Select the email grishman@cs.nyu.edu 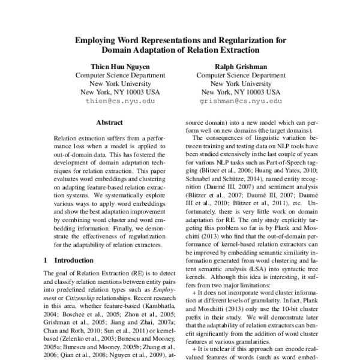pyautogui.click(x=240, y=101)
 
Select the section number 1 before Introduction pyautogui.click(x=47, y=260)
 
